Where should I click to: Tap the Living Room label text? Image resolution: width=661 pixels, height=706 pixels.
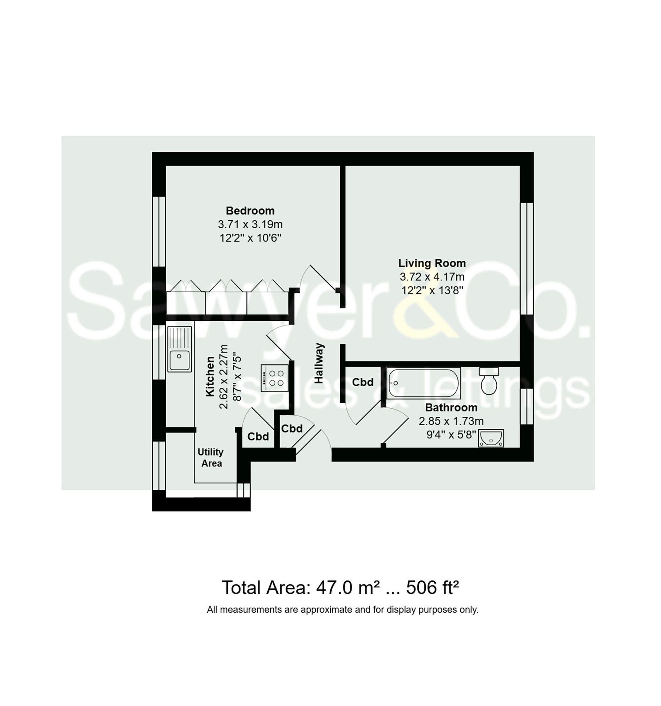(x=432, y=263)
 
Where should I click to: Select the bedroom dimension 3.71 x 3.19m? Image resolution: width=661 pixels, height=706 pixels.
(x=250, y=224)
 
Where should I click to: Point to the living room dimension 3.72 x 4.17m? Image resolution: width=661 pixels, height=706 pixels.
(x=432, y=277)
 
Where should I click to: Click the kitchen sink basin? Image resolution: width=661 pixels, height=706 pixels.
(x=179, y=360)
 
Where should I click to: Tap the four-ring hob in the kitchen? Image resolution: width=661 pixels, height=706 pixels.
(x=274, y=378)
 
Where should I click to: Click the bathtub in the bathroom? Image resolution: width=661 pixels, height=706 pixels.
(x=423, y=383)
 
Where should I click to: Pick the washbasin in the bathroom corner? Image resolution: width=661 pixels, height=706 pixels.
(x=490, y=438)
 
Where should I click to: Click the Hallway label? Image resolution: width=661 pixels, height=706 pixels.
(x=319, y=363)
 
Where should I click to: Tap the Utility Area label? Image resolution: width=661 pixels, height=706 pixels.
(x=211, y=458)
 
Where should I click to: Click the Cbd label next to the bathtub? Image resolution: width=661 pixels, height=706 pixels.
(x=363, y=382)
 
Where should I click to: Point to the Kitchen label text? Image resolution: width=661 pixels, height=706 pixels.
(x=210, y=376)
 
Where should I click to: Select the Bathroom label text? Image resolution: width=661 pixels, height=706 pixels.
(x=451, y=407)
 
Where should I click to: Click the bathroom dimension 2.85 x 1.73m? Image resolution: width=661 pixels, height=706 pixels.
(x=451, y=421)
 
